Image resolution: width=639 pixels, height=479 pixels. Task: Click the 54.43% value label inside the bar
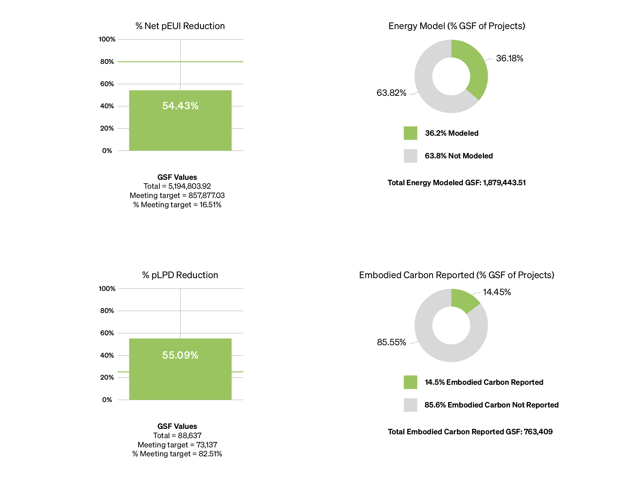(x=180, y=106)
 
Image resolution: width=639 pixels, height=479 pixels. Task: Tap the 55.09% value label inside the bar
(x=180, y=355)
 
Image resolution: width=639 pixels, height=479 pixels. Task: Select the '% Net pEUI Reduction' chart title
(x=180, y=26)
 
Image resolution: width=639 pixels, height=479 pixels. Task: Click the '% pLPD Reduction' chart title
(x=180, y=275)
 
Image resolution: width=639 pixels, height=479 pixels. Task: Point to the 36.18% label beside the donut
(x=509, y=58)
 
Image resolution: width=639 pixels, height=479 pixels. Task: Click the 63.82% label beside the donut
(x=391, y=93)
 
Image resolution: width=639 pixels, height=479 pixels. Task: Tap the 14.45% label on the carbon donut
(x=497, y=292)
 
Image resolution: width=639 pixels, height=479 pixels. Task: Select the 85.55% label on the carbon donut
(x=391, y=342)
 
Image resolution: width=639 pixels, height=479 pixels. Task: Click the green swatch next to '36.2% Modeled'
(x=410, y=133)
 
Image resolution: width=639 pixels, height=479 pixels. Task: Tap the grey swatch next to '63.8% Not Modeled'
(x=410, y=156)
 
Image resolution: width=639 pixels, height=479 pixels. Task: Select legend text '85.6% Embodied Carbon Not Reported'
(x=491, y=405)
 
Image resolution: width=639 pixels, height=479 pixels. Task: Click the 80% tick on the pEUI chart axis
(x=107, y=62)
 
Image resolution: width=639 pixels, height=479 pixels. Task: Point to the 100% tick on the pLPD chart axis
(x=107, y=289)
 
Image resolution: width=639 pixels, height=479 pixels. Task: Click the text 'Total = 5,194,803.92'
(x=177, y=186)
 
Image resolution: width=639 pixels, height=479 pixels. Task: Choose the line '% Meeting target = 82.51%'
(x=177, y=454)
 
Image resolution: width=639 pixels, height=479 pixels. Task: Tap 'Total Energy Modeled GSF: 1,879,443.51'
(x=457, y=183)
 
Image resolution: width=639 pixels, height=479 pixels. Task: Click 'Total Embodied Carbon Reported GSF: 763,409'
(x=470, y=432)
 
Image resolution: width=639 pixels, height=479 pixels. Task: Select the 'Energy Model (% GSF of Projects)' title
(x=457, y=26)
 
